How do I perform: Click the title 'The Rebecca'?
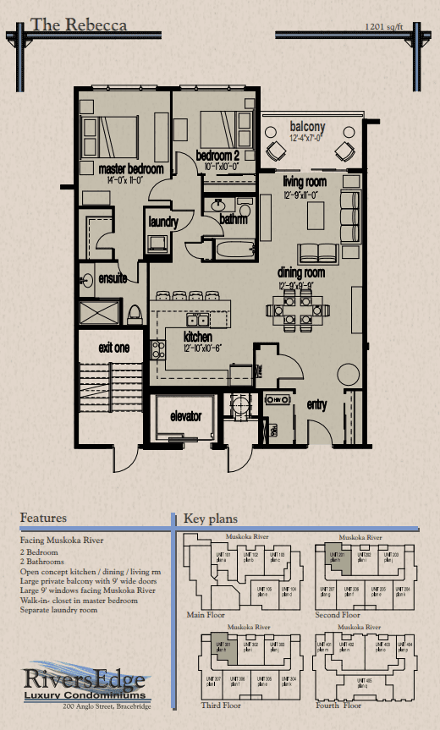tap(79, 25)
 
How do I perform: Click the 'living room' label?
tap(305, 182)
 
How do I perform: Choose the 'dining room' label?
tap(302, 272)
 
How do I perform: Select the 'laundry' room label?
tap(162, 222)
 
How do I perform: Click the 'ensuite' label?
tap(112, 277)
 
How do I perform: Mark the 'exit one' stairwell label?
tap(113, 348)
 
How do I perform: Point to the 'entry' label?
tap(316, 405)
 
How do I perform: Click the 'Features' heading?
tap(43, 518)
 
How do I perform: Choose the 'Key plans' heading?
tap(211, 519)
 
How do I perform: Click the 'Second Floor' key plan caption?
tap(337, 615)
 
